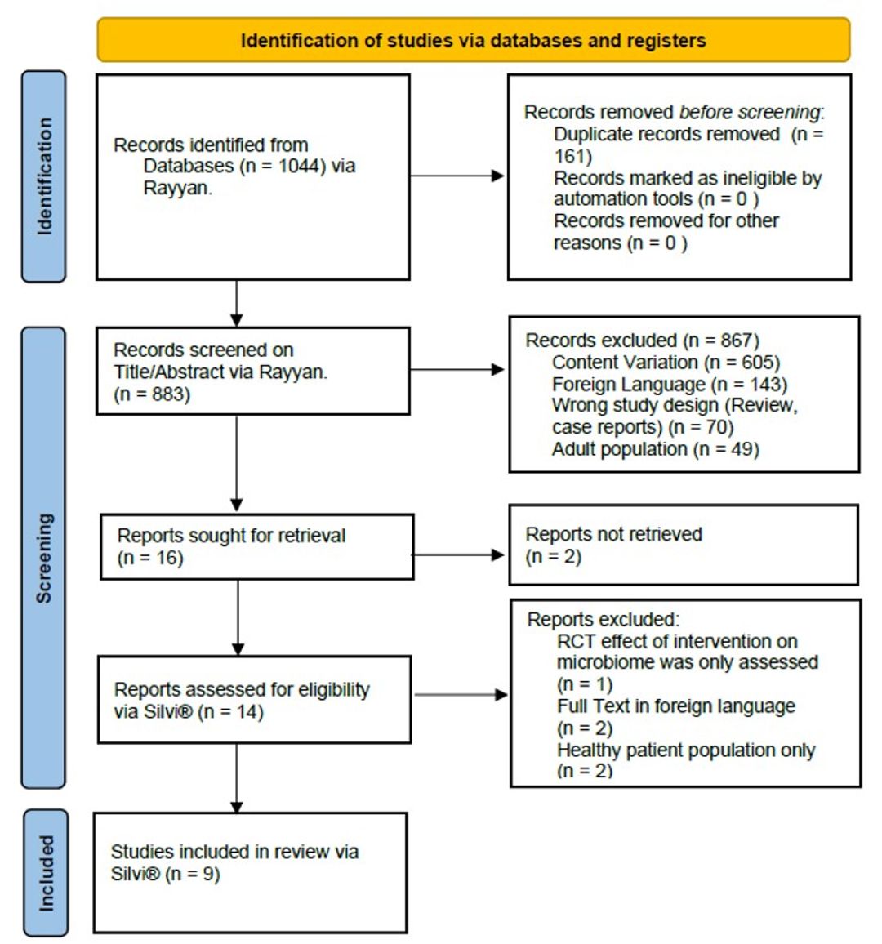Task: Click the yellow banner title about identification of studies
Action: click(473, 40)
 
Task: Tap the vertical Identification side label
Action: click(45, 176)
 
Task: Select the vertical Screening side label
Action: click(44, 558)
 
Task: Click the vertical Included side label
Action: click(47, 873)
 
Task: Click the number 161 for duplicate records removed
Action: click(569, 156)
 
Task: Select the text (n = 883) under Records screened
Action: click(152, 394)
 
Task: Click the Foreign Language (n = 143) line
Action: click(670, 384)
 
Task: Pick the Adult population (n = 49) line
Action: click(656, 449)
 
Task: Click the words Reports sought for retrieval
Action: click(231, 535)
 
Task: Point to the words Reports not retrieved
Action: click(613, 534)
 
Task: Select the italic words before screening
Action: click(749, 113)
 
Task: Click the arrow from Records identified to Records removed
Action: click(457, 176)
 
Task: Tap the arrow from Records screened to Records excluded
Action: click(457, 370)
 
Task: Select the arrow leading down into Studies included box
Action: click(237, 778)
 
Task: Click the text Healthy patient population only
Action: click(686, 750)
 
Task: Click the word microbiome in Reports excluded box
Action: click(604, 662)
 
